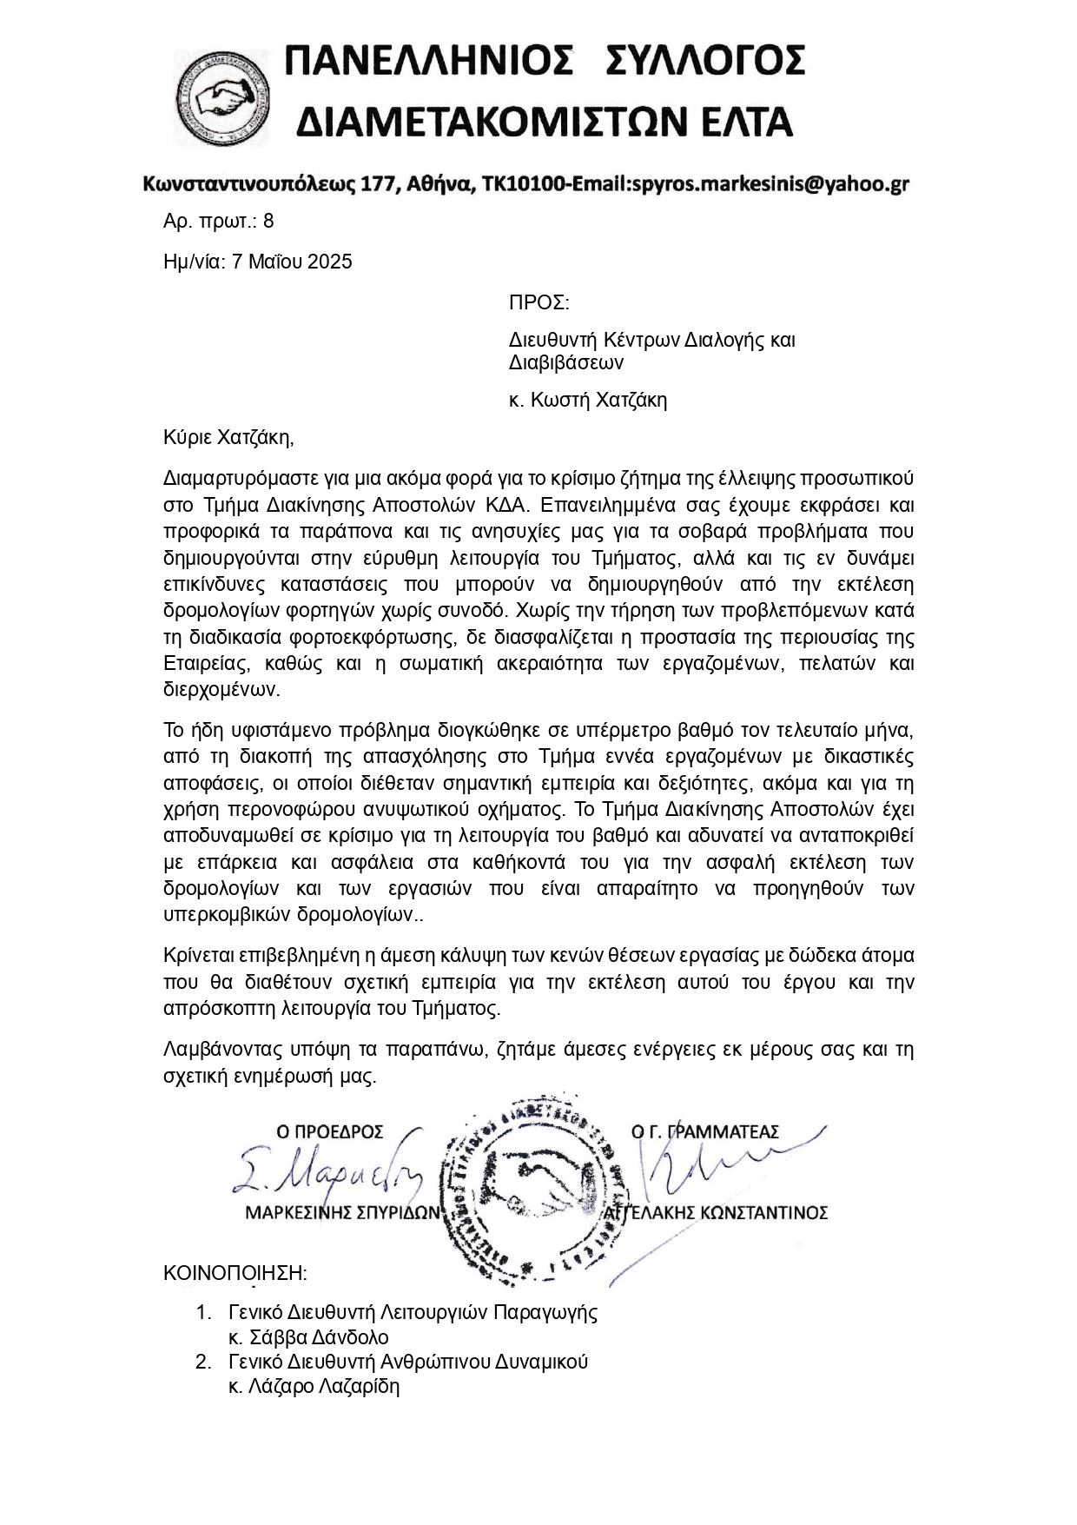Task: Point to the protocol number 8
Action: [268, 221]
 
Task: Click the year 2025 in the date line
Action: [328, 262]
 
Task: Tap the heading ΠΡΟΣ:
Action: [538, 302]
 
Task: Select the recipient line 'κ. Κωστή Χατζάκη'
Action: [587, 400]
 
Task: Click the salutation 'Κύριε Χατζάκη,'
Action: [228, 437]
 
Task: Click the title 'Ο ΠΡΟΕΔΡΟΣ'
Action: [329, 1131]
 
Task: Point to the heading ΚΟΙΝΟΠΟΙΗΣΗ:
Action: [235, 1274]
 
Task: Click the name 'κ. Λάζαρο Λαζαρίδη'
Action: [314, 1386]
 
